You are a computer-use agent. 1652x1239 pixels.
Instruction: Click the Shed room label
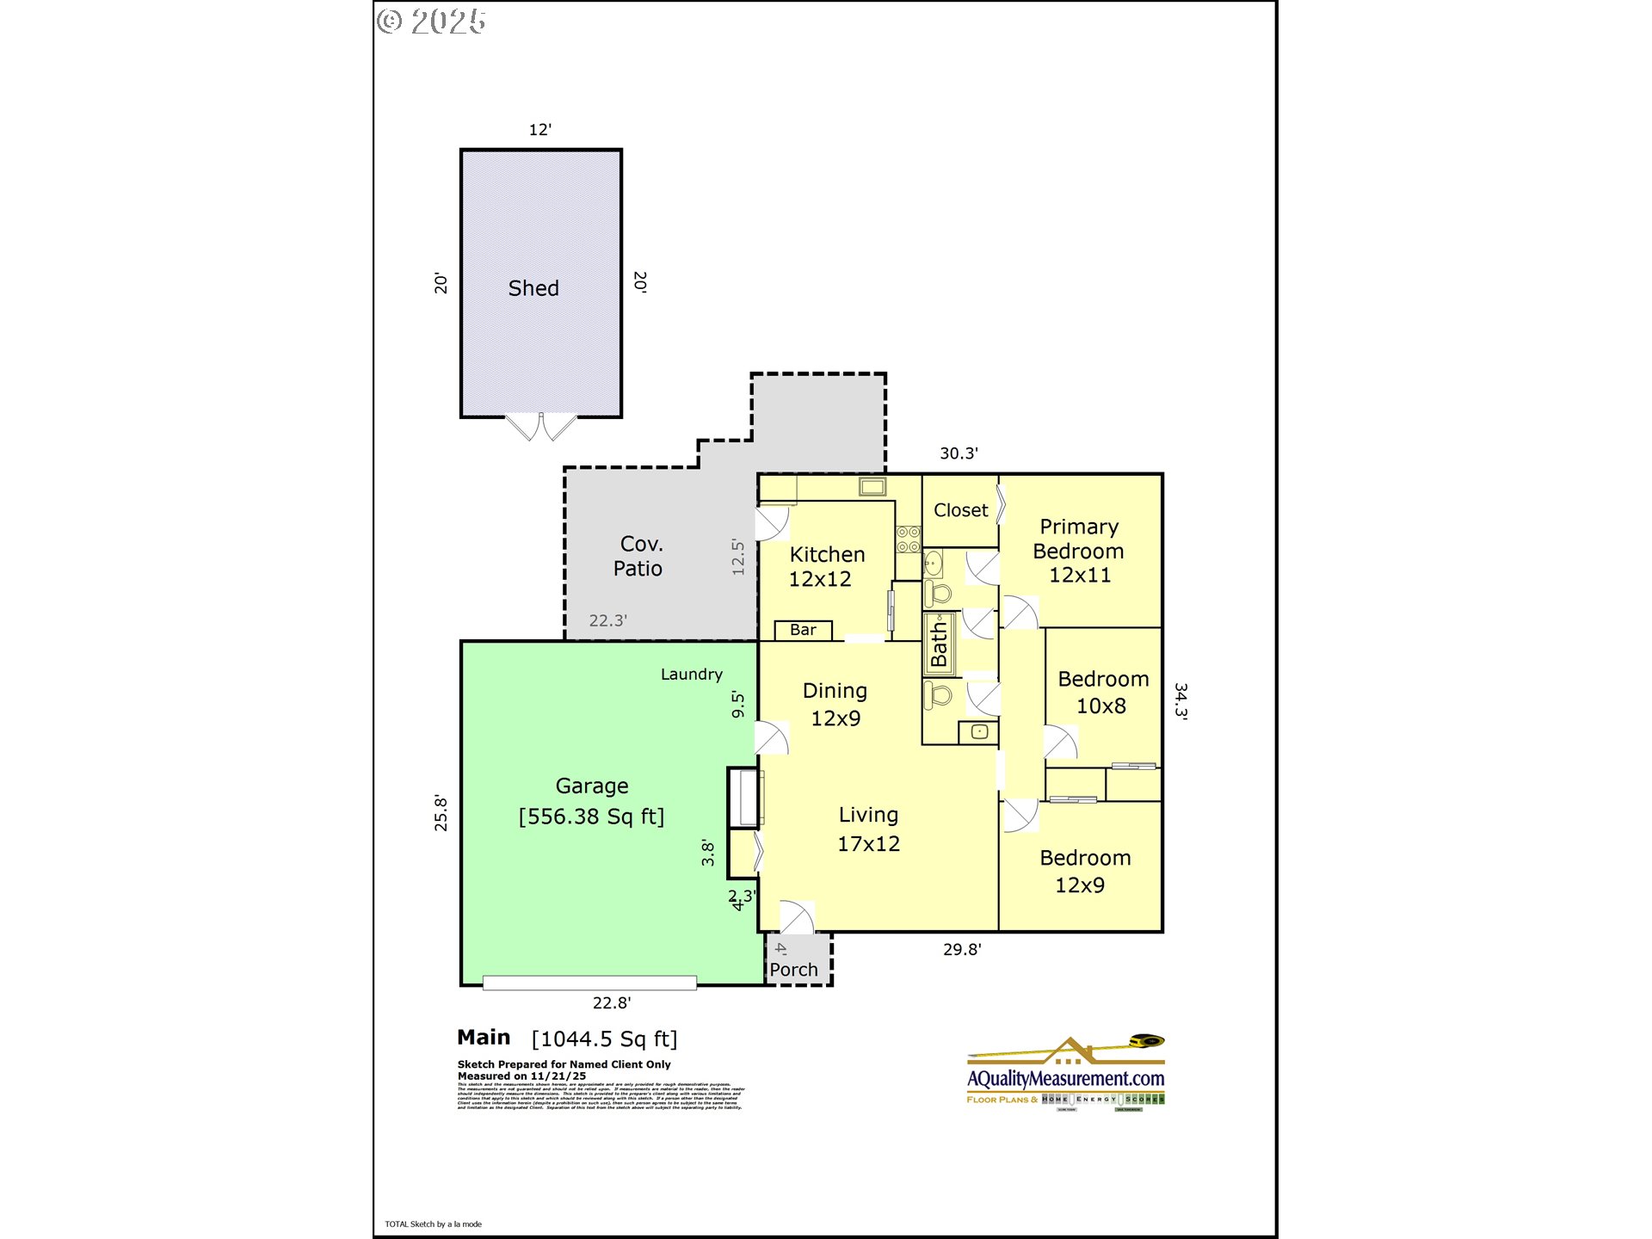[x=533, y=288]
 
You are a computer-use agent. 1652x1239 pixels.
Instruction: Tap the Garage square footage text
[x=591, y=817]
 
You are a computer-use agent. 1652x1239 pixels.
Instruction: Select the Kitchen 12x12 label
[x=826, y=566]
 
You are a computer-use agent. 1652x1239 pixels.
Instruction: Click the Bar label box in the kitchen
[x=803, y=630]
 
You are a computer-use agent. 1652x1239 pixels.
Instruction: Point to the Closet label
[x=960, y=510]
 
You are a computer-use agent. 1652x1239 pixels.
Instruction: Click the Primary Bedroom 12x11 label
[x=1079, y=551]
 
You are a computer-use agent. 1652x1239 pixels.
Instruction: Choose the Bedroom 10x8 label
[x=1102, y=692]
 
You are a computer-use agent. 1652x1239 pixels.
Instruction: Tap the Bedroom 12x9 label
[x=1084, y=871]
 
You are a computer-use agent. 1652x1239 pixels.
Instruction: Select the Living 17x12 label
[x=868, y=829]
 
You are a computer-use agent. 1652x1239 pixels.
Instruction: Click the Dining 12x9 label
[x=835, y=704]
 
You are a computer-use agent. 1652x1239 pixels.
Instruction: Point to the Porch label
[x=793, y=970]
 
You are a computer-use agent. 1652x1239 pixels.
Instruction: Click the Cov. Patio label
[x=638, y=556]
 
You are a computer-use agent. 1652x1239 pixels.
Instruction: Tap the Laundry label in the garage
[x=691, y=675]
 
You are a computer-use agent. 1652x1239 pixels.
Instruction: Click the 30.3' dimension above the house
[x=959, y=453]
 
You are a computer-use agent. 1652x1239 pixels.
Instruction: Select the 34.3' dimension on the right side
[x=1181, y=701]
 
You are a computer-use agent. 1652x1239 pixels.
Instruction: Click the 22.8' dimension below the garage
[x=611, y=1002]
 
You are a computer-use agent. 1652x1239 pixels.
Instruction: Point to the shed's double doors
[x=540, y=427]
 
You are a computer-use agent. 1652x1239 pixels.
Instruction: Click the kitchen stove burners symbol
[x=908, y=539]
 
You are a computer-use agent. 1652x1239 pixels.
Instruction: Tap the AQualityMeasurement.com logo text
[x=1065, y=1078]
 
